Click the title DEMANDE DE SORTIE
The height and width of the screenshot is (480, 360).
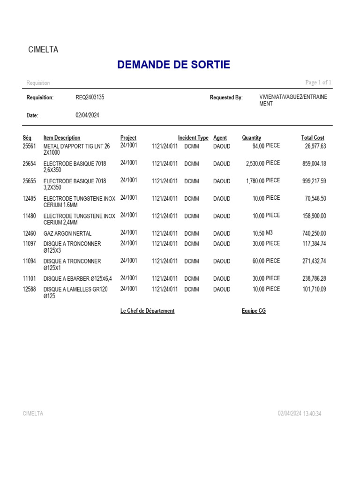[x=173, y=65]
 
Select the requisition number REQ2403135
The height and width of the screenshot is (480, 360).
[x=90, y=97]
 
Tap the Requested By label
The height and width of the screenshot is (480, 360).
[x=226, y=97]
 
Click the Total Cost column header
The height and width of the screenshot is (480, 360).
[x=313, y=138]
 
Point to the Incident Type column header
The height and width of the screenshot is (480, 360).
[x=193, y=138]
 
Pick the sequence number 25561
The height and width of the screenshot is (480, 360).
[x=29, y=146]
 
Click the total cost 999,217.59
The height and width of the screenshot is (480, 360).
[x=314, y=181]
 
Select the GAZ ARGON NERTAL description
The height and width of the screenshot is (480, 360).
[x=67, y=233]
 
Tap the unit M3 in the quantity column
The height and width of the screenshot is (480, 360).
[x=270, y=232]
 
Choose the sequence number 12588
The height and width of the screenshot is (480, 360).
[x=29, y=289]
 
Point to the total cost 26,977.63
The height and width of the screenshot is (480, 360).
[x=315, y=146]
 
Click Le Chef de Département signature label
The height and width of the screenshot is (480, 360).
[x=147, y=311]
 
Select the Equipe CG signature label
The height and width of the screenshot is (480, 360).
[x=254, y=311]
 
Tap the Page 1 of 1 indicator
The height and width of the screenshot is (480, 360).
[x=318, y=82]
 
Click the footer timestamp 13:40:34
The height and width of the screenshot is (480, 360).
[x=312, y=414]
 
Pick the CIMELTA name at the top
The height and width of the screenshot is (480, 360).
[x=43, y=50]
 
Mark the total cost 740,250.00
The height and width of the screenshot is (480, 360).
[x=314, y=233]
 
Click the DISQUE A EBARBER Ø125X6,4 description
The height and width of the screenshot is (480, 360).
[x=78, y=279]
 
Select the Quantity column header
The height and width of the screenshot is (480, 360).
[x=252, y=138]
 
